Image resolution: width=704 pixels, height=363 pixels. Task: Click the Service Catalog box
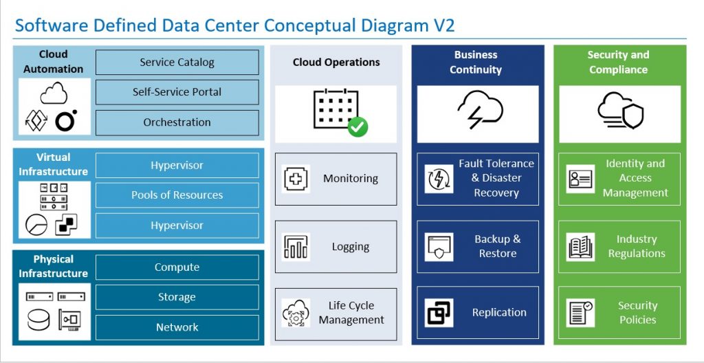pyautogui.click(x=177, y=62)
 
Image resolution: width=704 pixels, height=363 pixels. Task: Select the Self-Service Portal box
pyautogui.click(x=177, y=92)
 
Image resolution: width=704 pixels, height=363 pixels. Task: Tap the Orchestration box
pyautogui.click(x=177, y=122)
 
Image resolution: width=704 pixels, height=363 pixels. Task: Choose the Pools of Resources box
pyautogui.click(x=177, y=195)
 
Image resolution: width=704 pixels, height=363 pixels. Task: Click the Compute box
pyautogui.click(x=177, y=267)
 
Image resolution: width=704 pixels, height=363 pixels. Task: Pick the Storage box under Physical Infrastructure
pyautogui.click(x=177, y=297)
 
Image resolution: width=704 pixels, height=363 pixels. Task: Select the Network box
pyautogui.click(x=177, y=327)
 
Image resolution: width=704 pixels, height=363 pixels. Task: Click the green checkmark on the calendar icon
pyautogui.click(x=357, y=126)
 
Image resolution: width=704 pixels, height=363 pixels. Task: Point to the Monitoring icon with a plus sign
pyautogui.click(x=296, y=179)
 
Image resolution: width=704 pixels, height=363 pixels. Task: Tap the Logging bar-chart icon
pyautogui.click(x=296, y=247)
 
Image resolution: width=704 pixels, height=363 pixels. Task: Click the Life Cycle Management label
pyautogui.click(x=351, y=313)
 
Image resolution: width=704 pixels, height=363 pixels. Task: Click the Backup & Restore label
pyautogui.click(x=497, y=246)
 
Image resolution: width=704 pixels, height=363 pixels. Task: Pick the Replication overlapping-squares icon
pyautogui.click(x=439, y=313)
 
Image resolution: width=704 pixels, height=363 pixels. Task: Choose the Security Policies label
pyautogui.click(x=637, y=313)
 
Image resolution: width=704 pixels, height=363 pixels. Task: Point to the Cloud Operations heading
pyautogui.click(x=336, y=63)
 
